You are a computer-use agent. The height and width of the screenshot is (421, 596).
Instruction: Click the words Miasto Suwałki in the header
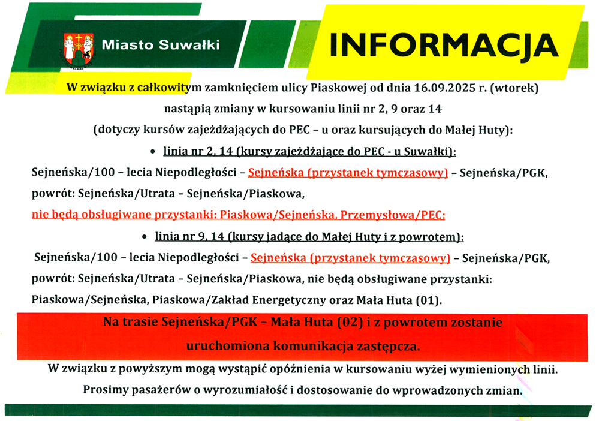(161, 45)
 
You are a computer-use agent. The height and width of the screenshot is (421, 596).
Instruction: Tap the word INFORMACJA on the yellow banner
(444, 45)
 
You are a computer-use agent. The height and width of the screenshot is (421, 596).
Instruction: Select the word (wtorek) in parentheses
(514, 88)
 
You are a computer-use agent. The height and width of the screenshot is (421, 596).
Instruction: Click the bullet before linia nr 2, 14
(153, 152)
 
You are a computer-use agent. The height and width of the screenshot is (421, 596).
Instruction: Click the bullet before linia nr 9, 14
(145, 237)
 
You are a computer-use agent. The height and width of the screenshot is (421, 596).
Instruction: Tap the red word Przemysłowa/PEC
(392, 215)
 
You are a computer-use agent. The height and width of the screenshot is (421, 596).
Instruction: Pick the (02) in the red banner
(350, 322)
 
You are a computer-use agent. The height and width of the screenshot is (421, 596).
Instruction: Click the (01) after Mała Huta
(429, 300)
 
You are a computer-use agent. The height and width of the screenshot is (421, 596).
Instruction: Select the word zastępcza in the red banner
(388, 347)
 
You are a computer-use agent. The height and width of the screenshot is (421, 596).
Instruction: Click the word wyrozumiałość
(246, 390)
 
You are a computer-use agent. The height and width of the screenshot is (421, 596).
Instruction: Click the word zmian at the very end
(504, 390)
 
